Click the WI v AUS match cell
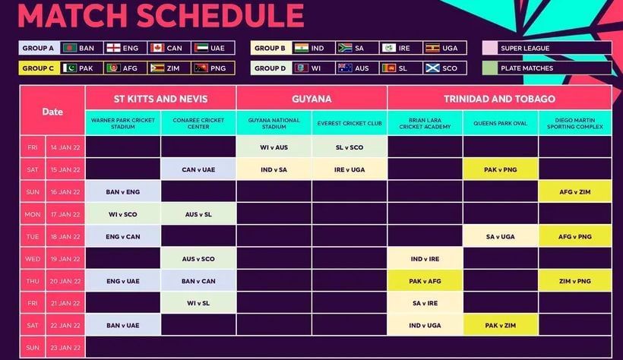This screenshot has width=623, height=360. coord(274,147)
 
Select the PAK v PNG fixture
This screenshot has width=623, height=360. coord(500,169)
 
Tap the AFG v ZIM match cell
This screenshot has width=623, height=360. coord(575,192)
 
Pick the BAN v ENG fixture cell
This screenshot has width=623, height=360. coord(123,192)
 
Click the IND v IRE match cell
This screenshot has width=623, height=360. coord(425,259)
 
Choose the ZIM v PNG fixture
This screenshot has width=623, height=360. coord(575,281)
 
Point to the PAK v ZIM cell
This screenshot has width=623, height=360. coord(500,325)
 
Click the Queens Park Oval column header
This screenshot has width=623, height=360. coord(500,123)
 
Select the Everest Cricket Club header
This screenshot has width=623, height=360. coord(349,123)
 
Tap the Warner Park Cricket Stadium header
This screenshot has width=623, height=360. coord(123,123)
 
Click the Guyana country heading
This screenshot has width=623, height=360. coord(311,99)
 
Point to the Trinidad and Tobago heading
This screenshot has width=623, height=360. coord(499,99)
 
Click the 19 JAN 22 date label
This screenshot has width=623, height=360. coord(65,259)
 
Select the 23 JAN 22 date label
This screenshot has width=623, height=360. coord(65,348)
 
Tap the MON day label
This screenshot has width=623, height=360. coord(33,214)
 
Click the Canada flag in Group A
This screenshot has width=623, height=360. coord(157,48)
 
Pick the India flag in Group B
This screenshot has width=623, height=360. coord(301,48)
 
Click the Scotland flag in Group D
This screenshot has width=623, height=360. coord(432,68)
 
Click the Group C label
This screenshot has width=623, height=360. coord(39,68)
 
